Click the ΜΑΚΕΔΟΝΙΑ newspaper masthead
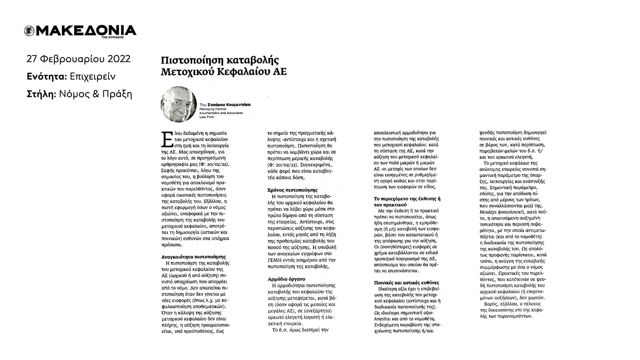click(x=85, y=30)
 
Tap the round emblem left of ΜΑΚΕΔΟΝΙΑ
click(x=29, y=31)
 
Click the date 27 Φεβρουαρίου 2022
click(x=78, y=59)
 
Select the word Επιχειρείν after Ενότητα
click(x=93, y=77)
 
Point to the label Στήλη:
click(x=41, y=94)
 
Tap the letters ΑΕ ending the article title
click(x=280, y=72)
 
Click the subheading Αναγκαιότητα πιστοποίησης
click(x=194, y=257)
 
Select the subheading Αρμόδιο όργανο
click(x=286, y=279)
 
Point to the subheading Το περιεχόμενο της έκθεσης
click(x=407, y=199)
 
